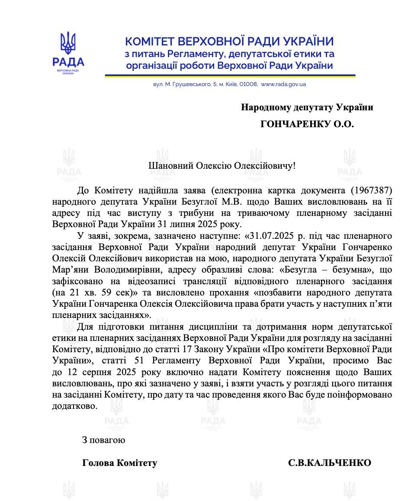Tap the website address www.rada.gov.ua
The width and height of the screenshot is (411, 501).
(x=283, y=84)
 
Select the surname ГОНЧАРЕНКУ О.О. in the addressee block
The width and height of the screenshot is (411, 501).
(x=307, y=125)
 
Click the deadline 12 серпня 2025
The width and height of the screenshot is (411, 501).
(x=106, y=372)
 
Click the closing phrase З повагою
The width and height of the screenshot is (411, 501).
(x=104, y=440)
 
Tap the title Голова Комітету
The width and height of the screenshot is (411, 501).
(x=119, y=463)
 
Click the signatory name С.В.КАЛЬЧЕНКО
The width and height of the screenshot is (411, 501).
(x=330, y=463)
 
